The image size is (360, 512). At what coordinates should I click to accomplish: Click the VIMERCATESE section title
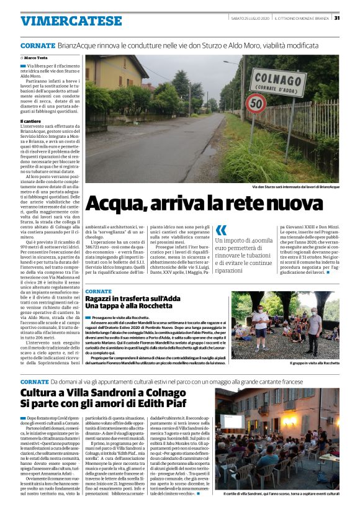click(71, 21)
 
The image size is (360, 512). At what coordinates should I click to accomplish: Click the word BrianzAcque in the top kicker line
click(77, 46)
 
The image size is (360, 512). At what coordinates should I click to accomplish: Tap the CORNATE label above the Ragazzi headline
click(99, 290)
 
